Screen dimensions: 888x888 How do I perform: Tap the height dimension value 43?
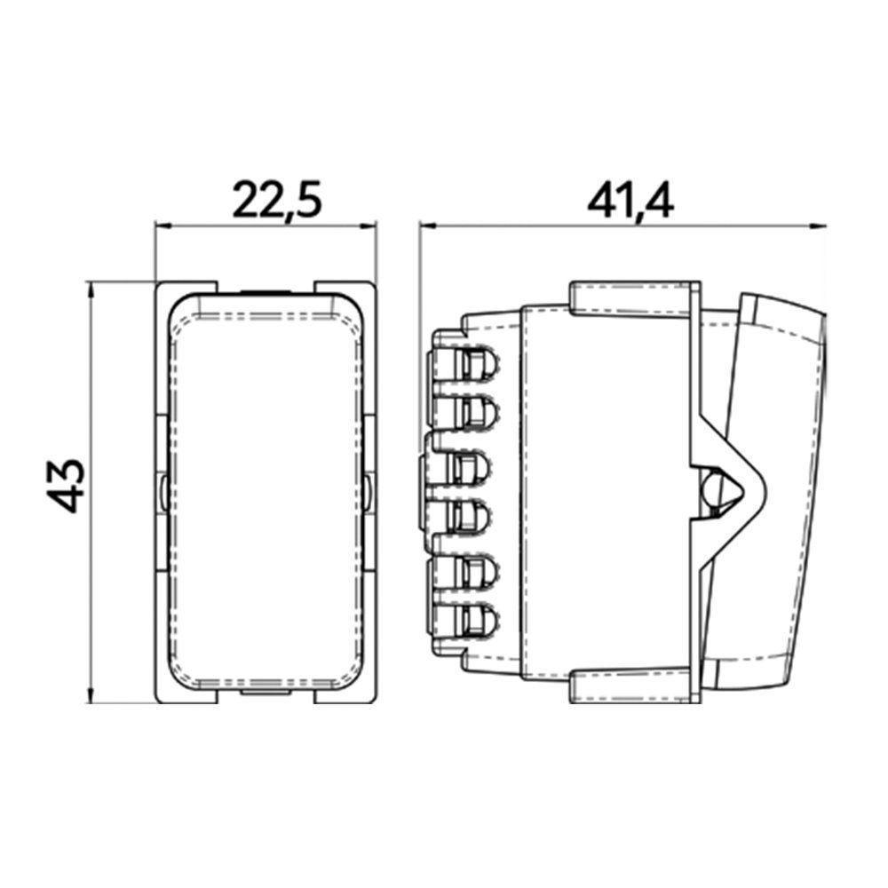pyautogui.click(x=67, y=487)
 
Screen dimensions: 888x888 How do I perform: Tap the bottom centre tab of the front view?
pyautogui.click(x=266, y=690)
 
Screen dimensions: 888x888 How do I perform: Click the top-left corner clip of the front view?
pyautogui.click(x=182, y=293)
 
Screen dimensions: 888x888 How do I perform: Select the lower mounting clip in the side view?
pyautogui.click(x=630, y=682)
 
